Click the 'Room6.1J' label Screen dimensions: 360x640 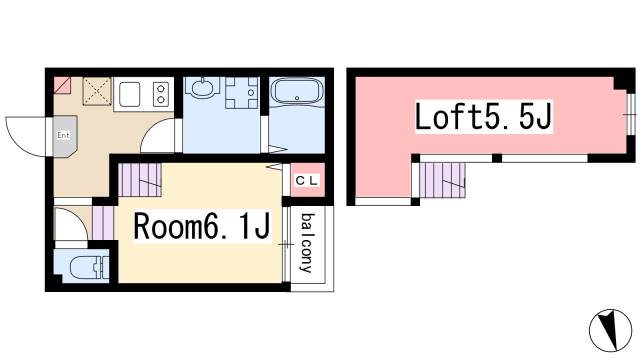(x=202, y=228)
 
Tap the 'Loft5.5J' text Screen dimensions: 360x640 (x=485, y=119)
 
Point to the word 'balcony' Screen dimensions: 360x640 (x=308, y=243)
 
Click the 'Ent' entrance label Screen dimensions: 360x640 (x=62, y=134)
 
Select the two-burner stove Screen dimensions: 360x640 (x=159, y=94)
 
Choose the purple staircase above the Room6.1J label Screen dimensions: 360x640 (x=140, y=181)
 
